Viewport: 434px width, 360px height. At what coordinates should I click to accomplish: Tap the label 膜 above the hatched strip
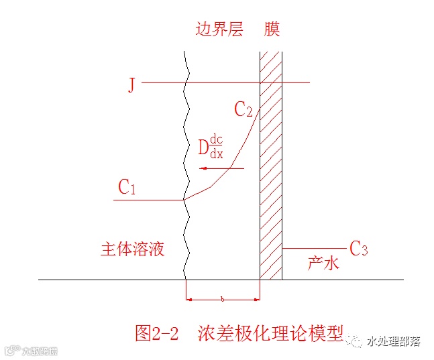(271, 29)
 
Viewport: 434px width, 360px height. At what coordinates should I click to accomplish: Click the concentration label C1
(127, 188)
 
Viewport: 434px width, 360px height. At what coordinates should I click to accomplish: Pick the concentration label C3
(359, 249)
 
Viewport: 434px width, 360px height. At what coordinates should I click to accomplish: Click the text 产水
(323, 263)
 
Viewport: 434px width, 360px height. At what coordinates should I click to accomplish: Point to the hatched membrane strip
(271, 168)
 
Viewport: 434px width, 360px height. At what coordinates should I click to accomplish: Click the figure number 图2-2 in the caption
(157, 333)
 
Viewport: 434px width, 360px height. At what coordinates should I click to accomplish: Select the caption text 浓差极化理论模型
(270, 333)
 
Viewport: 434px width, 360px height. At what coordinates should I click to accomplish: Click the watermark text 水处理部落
(393, 342)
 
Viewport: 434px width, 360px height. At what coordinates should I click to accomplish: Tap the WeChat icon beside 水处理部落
(356, 342)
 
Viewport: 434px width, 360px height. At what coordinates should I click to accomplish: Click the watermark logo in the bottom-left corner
(32, 350)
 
